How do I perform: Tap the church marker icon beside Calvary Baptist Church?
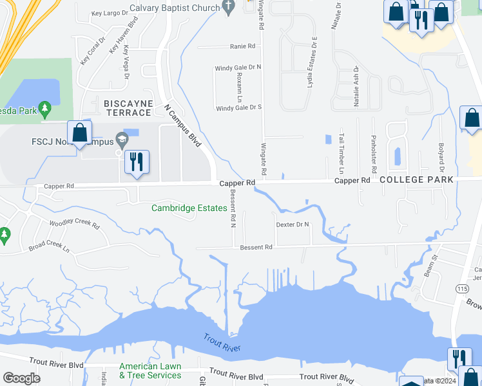tap(227, 6)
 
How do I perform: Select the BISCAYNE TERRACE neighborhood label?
tap(128, 107)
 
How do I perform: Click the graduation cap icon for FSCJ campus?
tap(120, 140)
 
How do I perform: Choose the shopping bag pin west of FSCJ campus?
tap(80, 133)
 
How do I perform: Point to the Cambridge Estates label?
tap(189, 208)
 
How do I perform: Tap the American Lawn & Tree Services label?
tap(150, 371)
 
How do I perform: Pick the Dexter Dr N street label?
tap(293, 225)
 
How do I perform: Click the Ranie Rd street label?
tap(243, 46)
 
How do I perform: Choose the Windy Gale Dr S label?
tap(238, 108)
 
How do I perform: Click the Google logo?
tap(22, 378)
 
